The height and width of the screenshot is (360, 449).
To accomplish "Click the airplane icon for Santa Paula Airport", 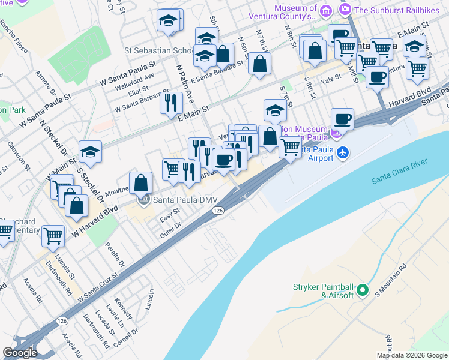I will (342, 153).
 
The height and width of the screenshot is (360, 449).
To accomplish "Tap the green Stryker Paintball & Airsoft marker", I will (361, 291).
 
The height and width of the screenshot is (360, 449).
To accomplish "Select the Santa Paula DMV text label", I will (182, 200).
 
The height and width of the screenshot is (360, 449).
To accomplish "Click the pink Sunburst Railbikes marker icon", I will (345, 10).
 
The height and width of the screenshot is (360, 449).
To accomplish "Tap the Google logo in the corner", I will (20, 353).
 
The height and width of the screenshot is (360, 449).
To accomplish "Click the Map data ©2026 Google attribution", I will (412, 355).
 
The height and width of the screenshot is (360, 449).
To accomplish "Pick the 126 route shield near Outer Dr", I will (218, 211).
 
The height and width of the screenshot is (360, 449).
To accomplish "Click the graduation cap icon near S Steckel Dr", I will (90, 152).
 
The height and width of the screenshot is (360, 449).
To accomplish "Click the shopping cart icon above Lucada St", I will (53, 235).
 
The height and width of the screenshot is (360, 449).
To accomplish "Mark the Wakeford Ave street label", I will (138, 76).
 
